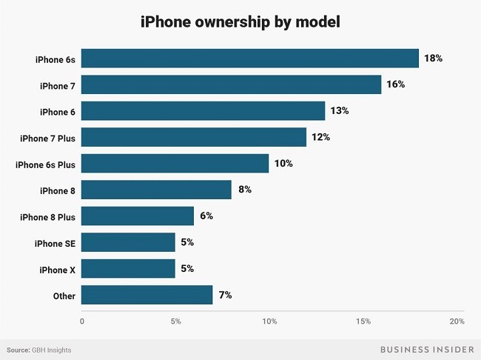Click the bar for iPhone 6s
(250, 58)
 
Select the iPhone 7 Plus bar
(194, 137)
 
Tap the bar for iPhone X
(129, 268)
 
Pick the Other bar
(147, 295)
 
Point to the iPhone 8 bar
(157, 190)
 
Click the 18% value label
(433, 58)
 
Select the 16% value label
(395, 84)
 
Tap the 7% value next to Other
(225, 295)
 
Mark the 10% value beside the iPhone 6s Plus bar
(283, 163)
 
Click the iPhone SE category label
(55, 242)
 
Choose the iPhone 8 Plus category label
(48, 216)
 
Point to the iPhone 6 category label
(58, 111)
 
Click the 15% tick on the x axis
(363, 321)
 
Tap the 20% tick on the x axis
(457, 321)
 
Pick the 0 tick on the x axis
(82, 321)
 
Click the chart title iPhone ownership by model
(240, 23)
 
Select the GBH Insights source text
(51, 350)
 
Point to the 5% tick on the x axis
(175, 321)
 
